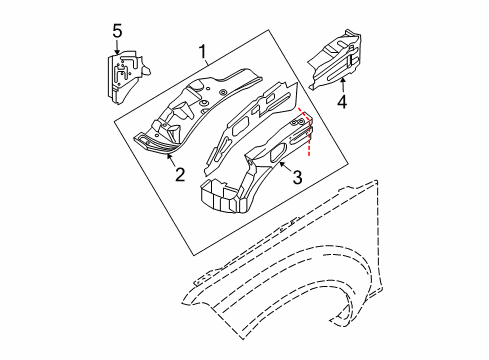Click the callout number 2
coord(180,176)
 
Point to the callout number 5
coord(118,33)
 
